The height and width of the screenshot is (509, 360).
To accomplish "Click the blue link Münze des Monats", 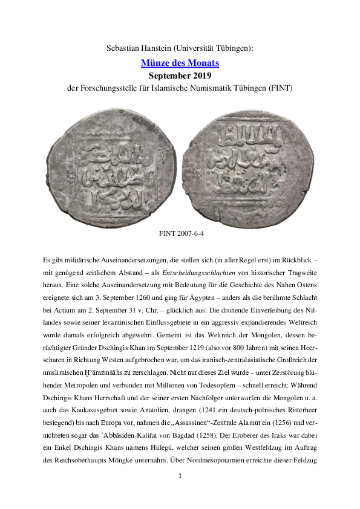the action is [180, 63].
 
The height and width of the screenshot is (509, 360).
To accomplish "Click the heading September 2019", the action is [180, 76].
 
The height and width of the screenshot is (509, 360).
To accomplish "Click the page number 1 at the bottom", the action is [180, 493].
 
